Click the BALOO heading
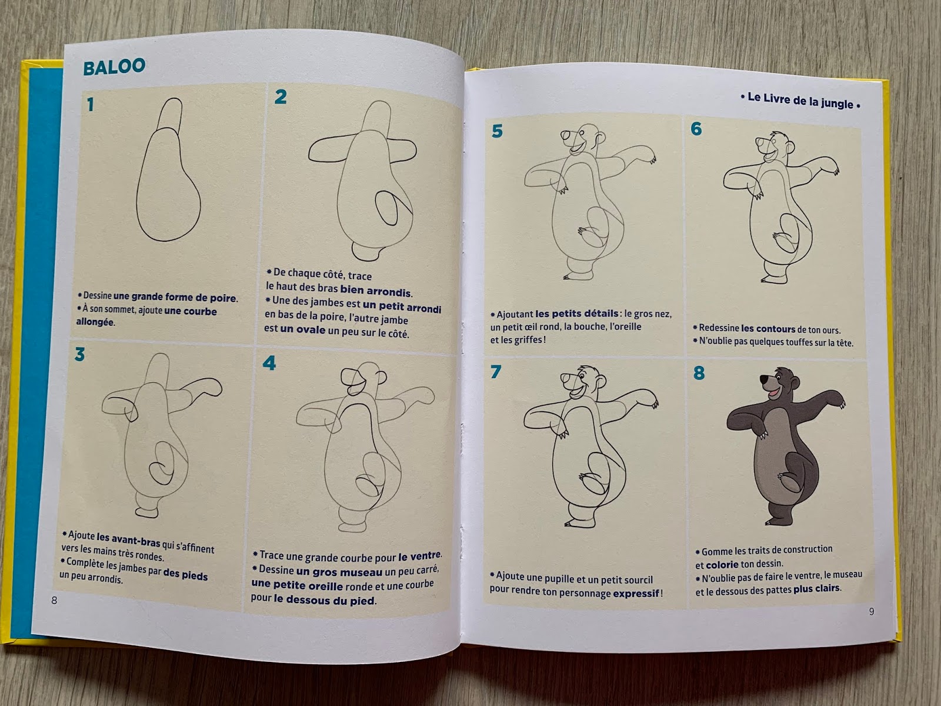pos(114,67)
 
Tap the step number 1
pos(90,105)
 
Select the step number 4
pos(269,363)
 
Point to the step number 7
pos(496,372)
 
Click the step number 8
pos(699,373)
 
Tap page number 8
pos(54,601)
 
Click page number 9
pos(872,612)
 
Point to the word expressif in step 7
pos(636,594)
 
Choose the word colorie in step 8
pos(722,565)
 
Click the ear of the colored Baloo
pos(795,382)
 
